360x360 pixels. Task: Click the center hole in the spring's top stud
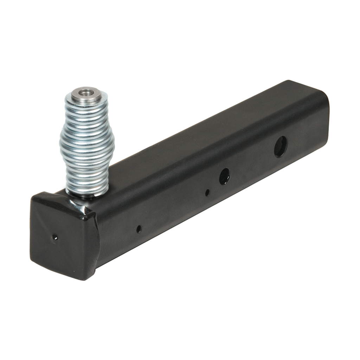tap(84, 93)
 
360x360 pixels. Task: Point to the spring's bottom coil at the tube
tap(87, 193)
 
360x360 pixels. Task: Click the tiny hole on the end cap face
tap(54, 237)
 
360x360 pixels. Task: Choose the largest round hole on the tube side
tap(280, 146)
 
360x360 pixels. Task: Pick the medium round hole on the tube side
tap(224, 176)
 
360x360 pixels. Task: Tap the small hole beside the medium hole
tap(207, 193)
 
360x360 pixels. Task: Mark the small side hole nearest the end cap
tap(139, 229)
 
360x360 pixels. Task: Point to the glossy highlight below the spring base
tap(79, 207)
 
